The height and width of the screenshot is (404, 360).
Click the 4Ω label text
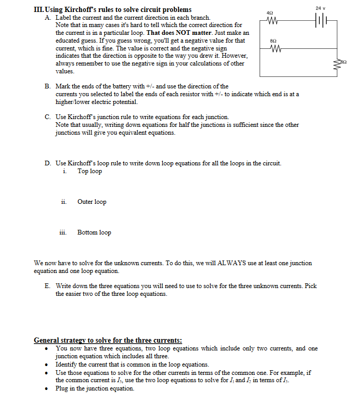point(269,12)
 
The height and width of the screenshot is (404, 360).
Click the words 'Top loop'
point(89,171)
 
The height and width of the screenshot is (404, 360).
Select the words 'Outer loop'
point(92,202)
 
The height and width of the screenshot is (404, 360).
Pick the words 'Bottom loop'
point(94,232)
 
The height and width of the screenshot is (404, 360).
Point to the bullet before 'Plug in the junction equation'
point(48,389)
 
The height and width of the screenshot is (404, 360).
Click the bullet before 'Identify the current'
point(48,364)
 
